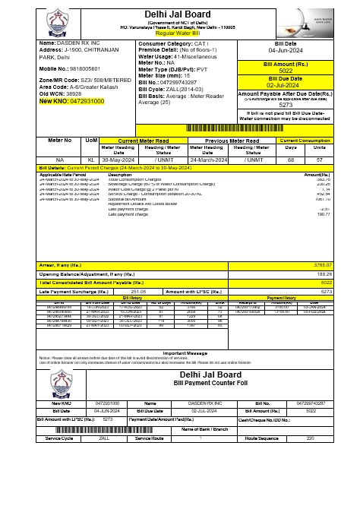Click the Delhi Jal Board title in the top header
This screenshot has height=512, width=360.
click(180, 14)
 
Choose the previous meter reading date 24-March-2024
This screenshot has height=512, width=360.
click(207, 160)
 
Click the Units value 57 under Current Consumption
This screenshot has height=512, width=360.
click(319, 160)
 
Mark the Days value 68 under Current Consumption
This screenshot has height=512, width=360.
click(290, 160)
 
